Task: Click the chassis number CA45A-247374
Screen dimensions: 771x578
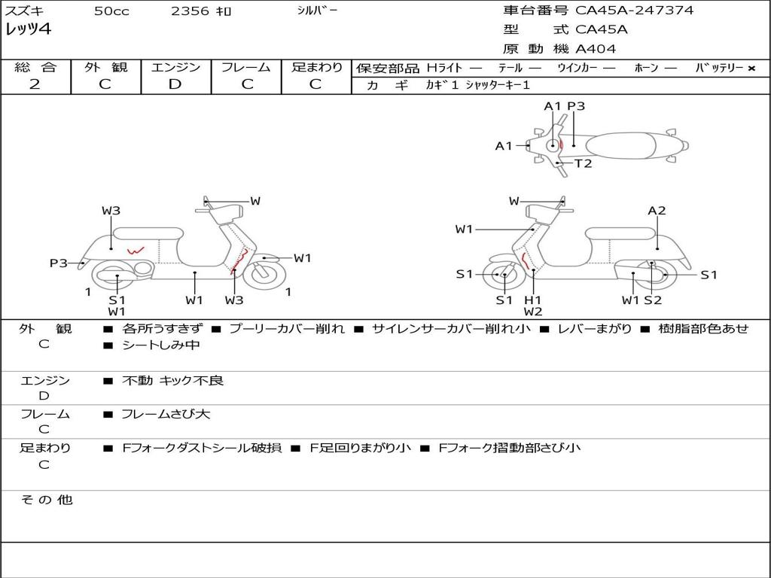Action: (x=634, y=11)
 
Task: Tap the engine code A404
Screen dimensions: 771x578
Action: (x=596, y=49)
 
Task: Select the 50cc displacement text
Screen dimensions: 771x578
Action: (x=111, y=11)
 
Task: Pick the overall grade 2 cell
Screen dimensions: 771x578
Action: (x=35, y=84)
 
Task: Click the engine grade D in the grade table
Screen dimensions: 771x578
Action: (x=175, y=84)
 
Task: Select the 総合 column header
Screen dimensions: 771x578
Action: (x=35, y=68)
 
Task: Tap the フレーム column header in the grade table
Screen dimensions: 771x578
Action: (x=245, y=68)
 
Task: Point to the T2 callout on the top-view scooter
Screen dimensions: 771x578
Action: (x=584, y=163)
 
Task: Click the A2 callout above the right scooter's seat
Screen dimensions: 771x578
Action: (x=657, y=211)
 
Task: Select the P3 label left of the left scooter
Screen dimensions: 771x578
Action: (x=59, y=263)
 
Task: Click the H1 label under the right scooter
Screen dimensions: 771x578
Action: (x=533, y=300)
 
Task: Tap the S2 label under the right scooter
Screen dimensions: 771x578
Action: (x=652, y=300)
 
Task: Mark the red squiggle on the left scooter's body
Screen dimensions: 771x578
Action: (x=136, y=251)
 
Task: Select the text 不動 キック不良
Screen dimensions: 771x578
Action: (x=173, y=381)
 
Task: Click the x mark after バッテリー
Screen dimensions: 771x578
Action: (x=751, y=68)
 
